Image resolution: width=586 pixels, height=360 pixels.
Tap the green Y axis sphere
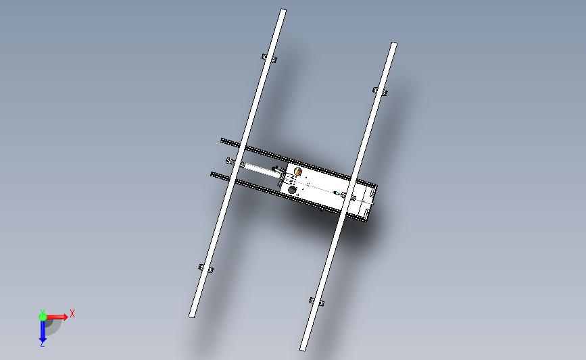click(43, 316)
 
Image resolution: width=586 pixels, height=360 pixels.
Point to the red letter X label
click(72, 313)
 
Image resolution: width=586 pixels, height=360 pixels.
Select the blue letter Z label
click(42, 344)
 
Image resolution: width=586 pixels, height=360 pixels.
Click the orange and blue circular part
click(298, 173)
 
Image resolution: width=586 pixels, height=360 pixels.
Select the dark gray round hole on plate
click(293, 190)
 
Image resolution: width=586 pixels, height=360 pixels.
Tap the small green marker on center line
click(336, 193)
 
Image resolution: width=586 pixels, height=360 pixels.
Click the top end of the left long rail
click(283, 11)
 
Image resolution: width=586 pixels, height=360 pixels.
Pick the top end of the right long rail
click(393, 45)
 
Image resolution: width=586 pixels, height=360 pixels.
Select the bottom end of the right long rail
click(303, 348)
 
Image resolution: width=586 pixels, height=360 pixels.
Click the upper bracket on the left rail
click(268, 59)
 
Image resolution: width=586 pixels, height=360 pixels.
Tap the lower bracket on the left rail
click(205, 269)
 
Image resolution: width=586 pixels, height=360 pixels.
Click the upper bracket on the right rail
click(380, 91)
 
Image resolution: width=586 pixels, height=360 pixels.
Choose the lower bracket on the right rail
click(316, 301)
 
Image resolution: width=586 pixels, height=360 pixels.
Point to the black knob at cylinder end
click(274, 169)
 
